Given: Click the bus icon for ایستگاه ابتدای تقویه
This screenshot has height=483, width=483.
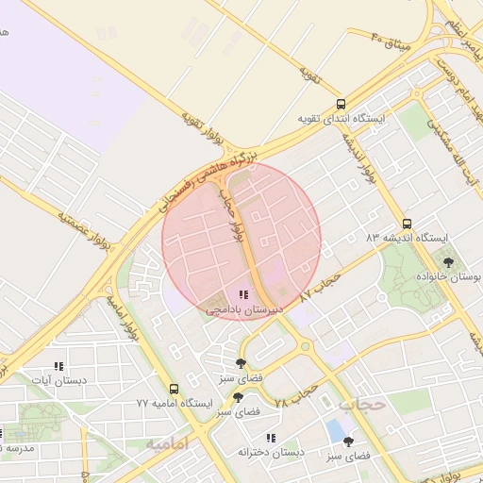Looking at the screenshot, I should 341,105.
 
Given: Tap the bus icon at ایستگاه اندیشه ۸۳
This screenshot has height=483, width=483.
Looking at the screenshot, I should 407,224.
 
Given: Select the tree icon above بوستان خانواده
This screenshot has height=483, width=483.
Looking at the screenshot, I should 447,262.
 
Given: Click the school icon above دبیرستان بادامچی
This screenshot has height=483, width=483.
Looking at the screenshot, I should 244,295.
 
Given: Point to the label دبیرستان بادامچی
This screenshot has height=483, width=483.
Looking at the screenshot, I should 244,309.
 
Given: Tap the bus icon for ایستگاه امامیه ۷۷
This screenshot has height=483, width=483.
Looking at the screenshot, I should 173,389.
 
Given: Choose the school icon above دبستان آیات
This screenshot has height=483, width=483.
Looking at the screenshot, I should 58,366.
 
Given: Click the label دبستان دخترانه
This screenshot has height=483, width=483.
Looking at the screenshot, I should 272,453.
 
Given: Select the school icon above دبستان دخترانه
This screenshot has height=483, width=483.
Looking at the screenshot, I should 272,438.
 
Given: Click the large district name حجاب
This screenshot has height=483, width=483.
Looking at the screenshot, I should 361,404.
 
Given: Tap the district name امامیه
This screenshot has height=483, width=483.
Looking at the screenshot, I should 168,442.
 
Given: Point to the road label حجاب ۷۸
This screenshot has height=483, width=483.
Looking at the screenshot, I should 294,395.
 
